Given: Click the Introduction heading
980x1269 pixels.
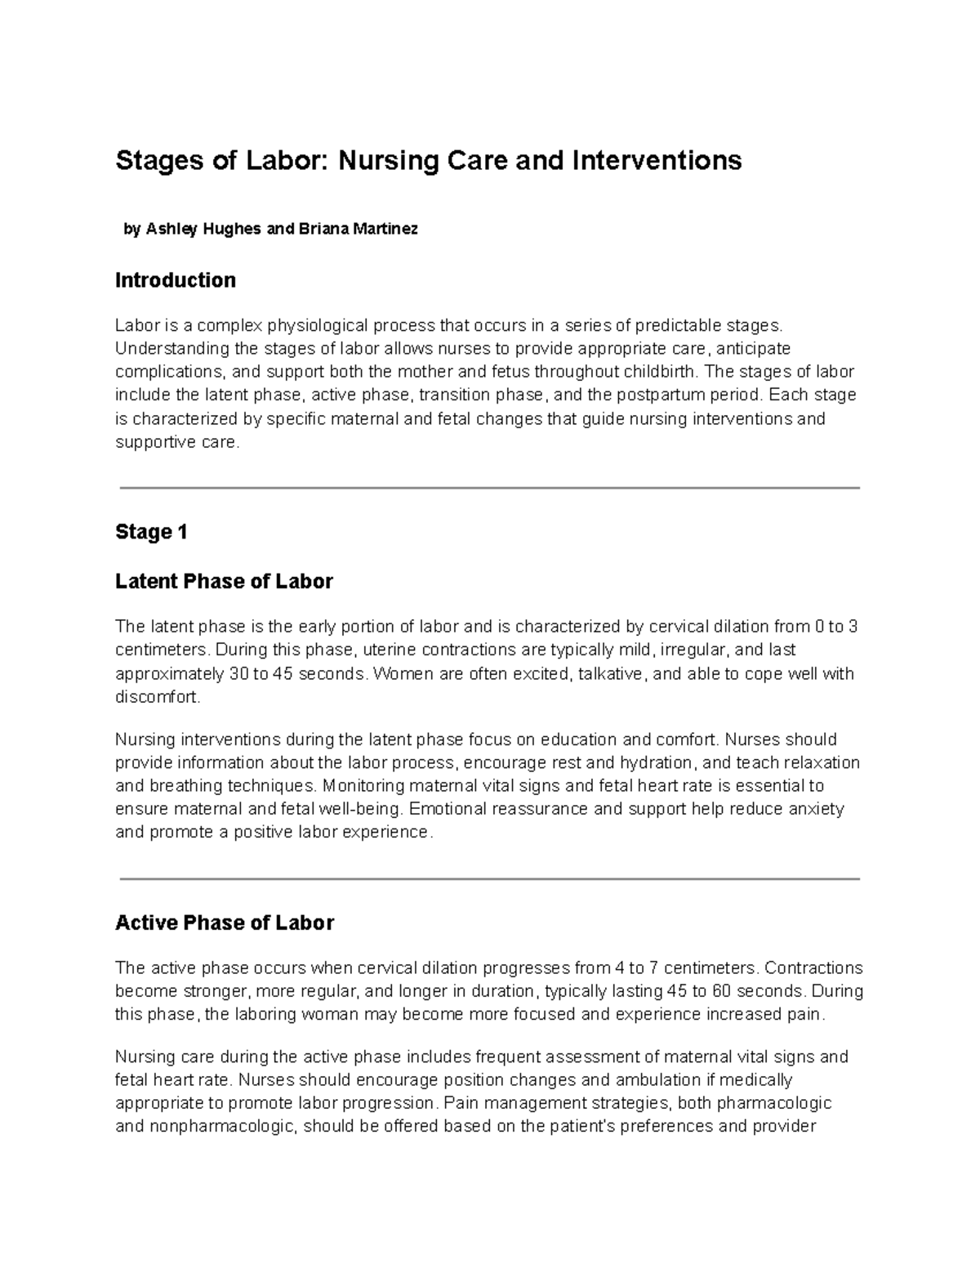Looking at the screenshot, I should click(176, 280).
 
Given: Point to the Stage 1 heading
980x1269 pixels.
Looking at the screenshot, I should click(152, 532).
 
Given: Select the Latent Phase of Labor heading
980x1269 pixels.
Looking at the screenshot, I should click(224, 582).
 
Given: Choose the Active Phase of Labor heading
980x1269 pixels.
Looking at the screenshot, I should click(225, 923).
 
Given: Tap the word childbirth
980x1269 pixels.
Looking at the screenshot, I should click(658, 373).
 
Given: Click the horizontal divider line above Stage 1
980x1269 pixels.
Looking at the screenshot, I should click(490, 488).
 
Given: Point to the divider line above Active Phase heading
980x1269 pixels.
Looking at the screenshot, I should click(490, 879).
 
